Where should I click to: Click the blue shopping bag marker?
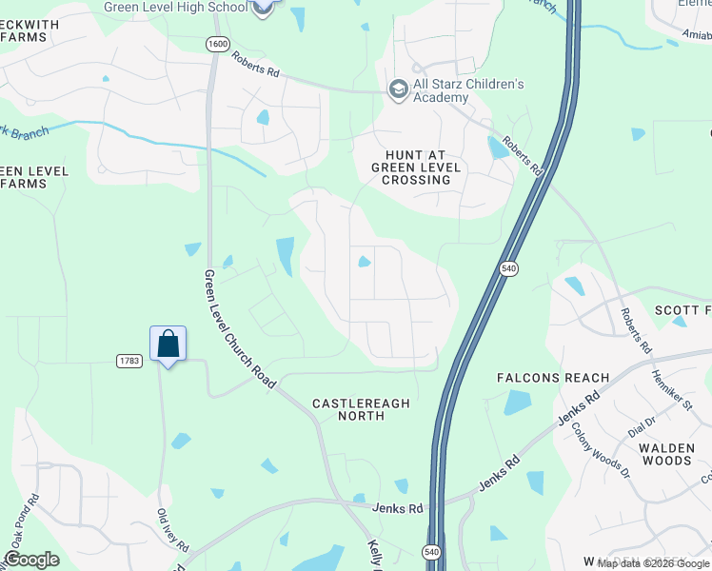168,345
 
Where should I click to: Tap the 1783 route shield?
130,361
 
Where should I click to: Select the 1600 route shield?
218,44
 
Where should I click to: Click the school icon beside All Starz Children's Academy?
398,89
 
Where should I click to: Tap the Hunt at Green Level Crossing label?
416,167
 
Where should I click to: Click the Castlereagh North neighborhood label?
361,409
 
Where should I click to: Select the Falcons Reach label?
553,378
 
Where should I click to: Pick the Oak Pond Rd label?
23,522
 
